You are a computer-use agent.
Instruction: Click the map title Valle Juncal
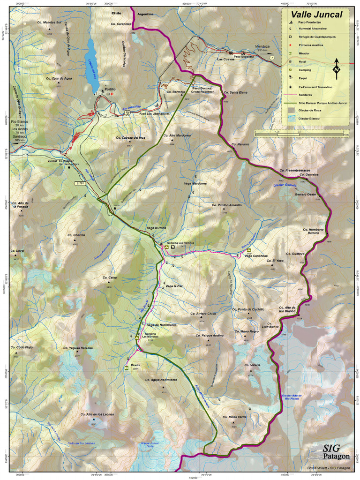pos(317,15)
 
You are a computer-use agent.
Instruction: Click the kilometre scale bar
pos(300,135)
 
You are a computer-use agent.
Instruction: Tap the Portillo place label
pos(110,89)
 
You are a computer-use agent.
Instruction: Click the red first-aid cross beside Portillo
pos(112,94)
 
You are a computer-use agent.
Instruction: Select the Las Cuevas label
pos(225,60)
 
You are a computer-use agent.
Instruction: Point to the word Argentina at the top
pos(146,15)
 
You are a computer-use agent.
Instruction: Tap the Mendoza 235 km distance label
pos(264,48)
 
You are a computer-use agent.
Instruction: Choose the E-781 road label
pos(79,183)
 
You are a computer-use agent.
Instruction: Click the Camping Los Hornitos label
pos(180,243)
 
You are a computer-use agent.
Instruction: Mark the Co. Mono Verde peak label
pos(234,417)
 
